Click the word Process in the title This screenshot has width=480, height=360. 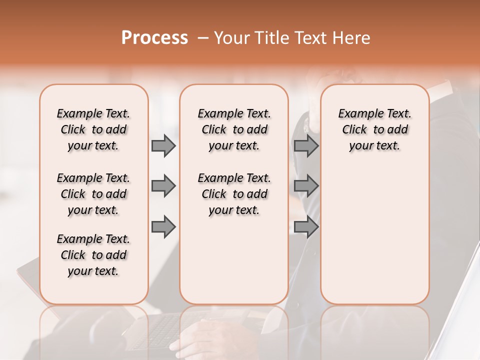tap(154, 38)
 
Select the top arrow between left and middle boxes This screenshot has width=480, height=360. tap(163, 146)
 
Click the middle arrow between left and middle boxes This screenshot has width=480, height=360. tap(163, 186)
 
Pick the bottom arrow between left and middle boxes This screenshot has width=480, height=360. tap(163, 227)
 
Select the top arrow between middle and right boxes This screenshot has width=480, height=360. tap(306, 146)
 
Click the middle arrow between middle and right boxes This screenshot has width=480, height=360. tap(306, 186)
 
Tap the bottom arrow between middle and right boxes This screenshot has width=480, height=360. tap(306, 227)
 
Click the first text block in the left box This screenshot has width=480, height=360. tap(93, 129)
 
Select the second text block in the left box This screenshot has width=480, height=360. tap(93, 194)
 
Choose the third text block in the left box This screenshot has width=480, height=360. tap(93, 255)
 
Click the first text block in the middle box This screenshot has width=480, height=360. tap(234, 129)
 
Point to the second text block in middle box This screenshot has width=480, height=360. tap(234, 194)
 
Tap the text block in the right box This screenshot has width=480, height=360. tap(374, 129)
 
